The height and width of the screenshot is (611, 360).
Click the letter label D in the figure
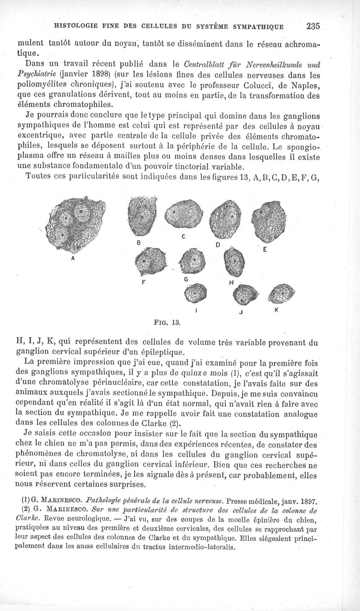click(x=217, y=245)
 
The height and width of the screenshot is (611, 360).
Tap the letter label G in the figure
click(x=185, y=279)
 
